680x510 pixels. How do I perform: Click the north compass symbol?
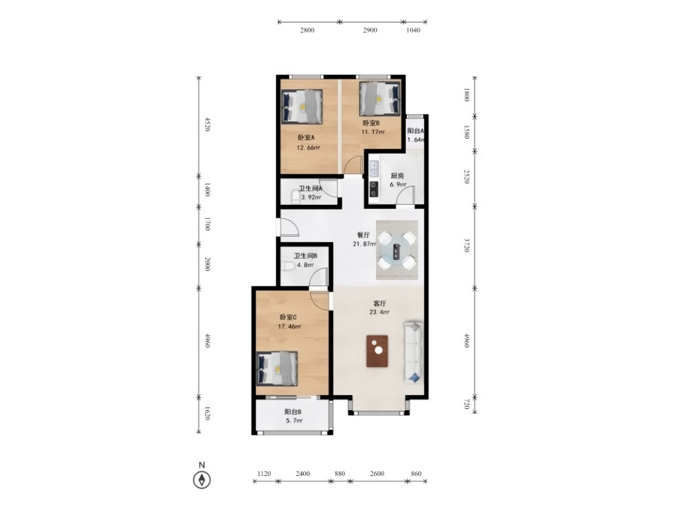coord(202,480)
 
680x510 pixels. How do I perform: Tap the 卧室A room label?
coord(306,137)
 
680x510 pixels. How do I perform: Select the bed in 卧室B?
coord(380,99)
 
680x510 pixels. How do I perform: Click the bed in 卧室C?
coord(277,368)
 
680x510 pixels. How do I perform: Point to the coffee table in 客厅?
coord(378,351)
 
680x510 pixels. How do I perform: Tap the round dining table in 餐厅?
coord(397,250)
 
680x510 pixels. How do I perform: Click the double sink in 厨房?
coord(373,169)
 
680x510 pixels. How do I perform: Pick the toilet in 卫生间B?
coord(288,266)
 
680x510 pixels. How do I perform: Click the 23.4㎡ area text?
coord(380,312)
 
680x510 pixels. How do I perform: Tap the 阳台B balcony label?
coord(293,412)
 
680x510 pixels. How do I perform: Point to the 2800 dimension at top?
coord(307,30)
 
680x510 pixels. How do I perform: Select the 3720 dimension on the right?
coord(467,245)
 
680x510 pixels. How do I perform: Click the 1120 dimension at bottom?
coord(263,474)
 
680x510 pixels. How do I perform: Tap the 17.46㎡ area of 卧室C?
coord(290,327)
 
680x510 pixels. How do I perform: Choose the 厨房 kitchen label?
coord(397,176)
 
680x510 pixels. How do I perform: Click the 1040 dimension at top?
coord(413,30)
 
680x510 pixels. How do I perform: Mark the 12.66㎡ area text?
coord(308,148)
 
